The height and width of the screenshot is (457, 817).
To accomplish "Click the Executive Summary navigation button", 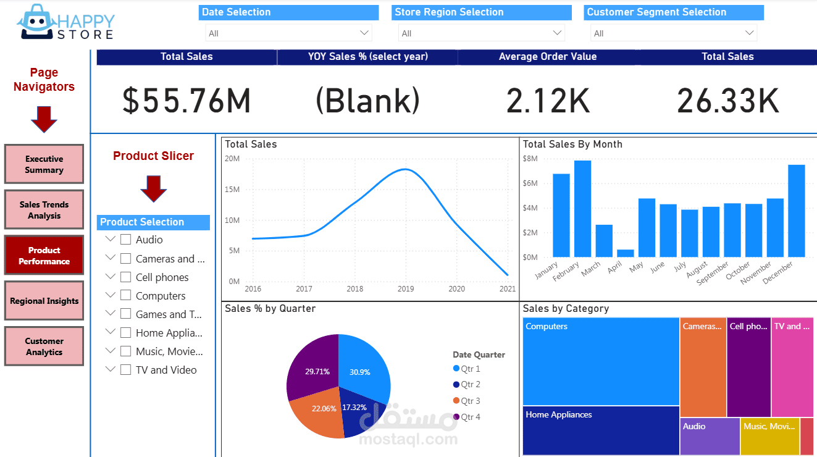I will click(44, 164).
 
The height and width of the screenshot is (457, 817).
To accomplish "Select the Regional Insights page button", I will click(44, 301).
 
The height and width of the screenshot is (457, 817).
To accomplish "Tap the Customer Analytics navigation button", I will click(44, 346).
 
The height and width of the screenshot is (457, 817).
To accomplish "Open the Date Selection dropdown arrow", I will click(364, 33).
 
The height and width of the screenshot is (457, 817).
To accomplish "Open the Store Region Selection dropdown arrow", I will click(558, 33).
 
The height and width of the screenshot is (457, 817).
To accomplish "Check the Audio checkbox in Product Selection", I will click(126, 240).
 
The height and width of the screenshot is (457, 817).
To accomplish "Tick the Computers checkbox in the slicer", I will click(126, 296).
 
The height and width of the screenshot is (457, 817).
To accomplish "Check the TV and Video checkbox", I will click(126, 370).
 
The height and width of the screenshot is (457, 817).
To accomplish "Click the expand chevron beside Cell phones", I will click(111, 276).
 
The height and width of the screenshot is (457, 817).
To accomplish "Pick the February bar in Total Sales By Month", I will click(582, 209).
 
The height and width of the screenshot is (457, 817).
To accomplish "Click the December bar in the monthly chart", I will click(796, 211).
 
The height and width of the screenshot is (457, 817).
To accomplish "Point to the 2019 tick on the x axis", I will click(406, 288).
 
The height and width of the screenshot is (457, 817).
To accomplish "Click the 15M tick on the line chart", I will click(232, 190).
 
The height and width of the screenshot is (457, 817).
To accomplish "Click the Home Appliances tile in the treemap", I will click(601, 430).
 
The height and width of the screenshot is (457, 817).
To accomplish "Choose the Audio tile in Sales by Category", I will click(710, 436).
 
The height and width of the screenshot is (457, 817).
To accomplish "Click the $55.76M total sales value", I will click(186, 101).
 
